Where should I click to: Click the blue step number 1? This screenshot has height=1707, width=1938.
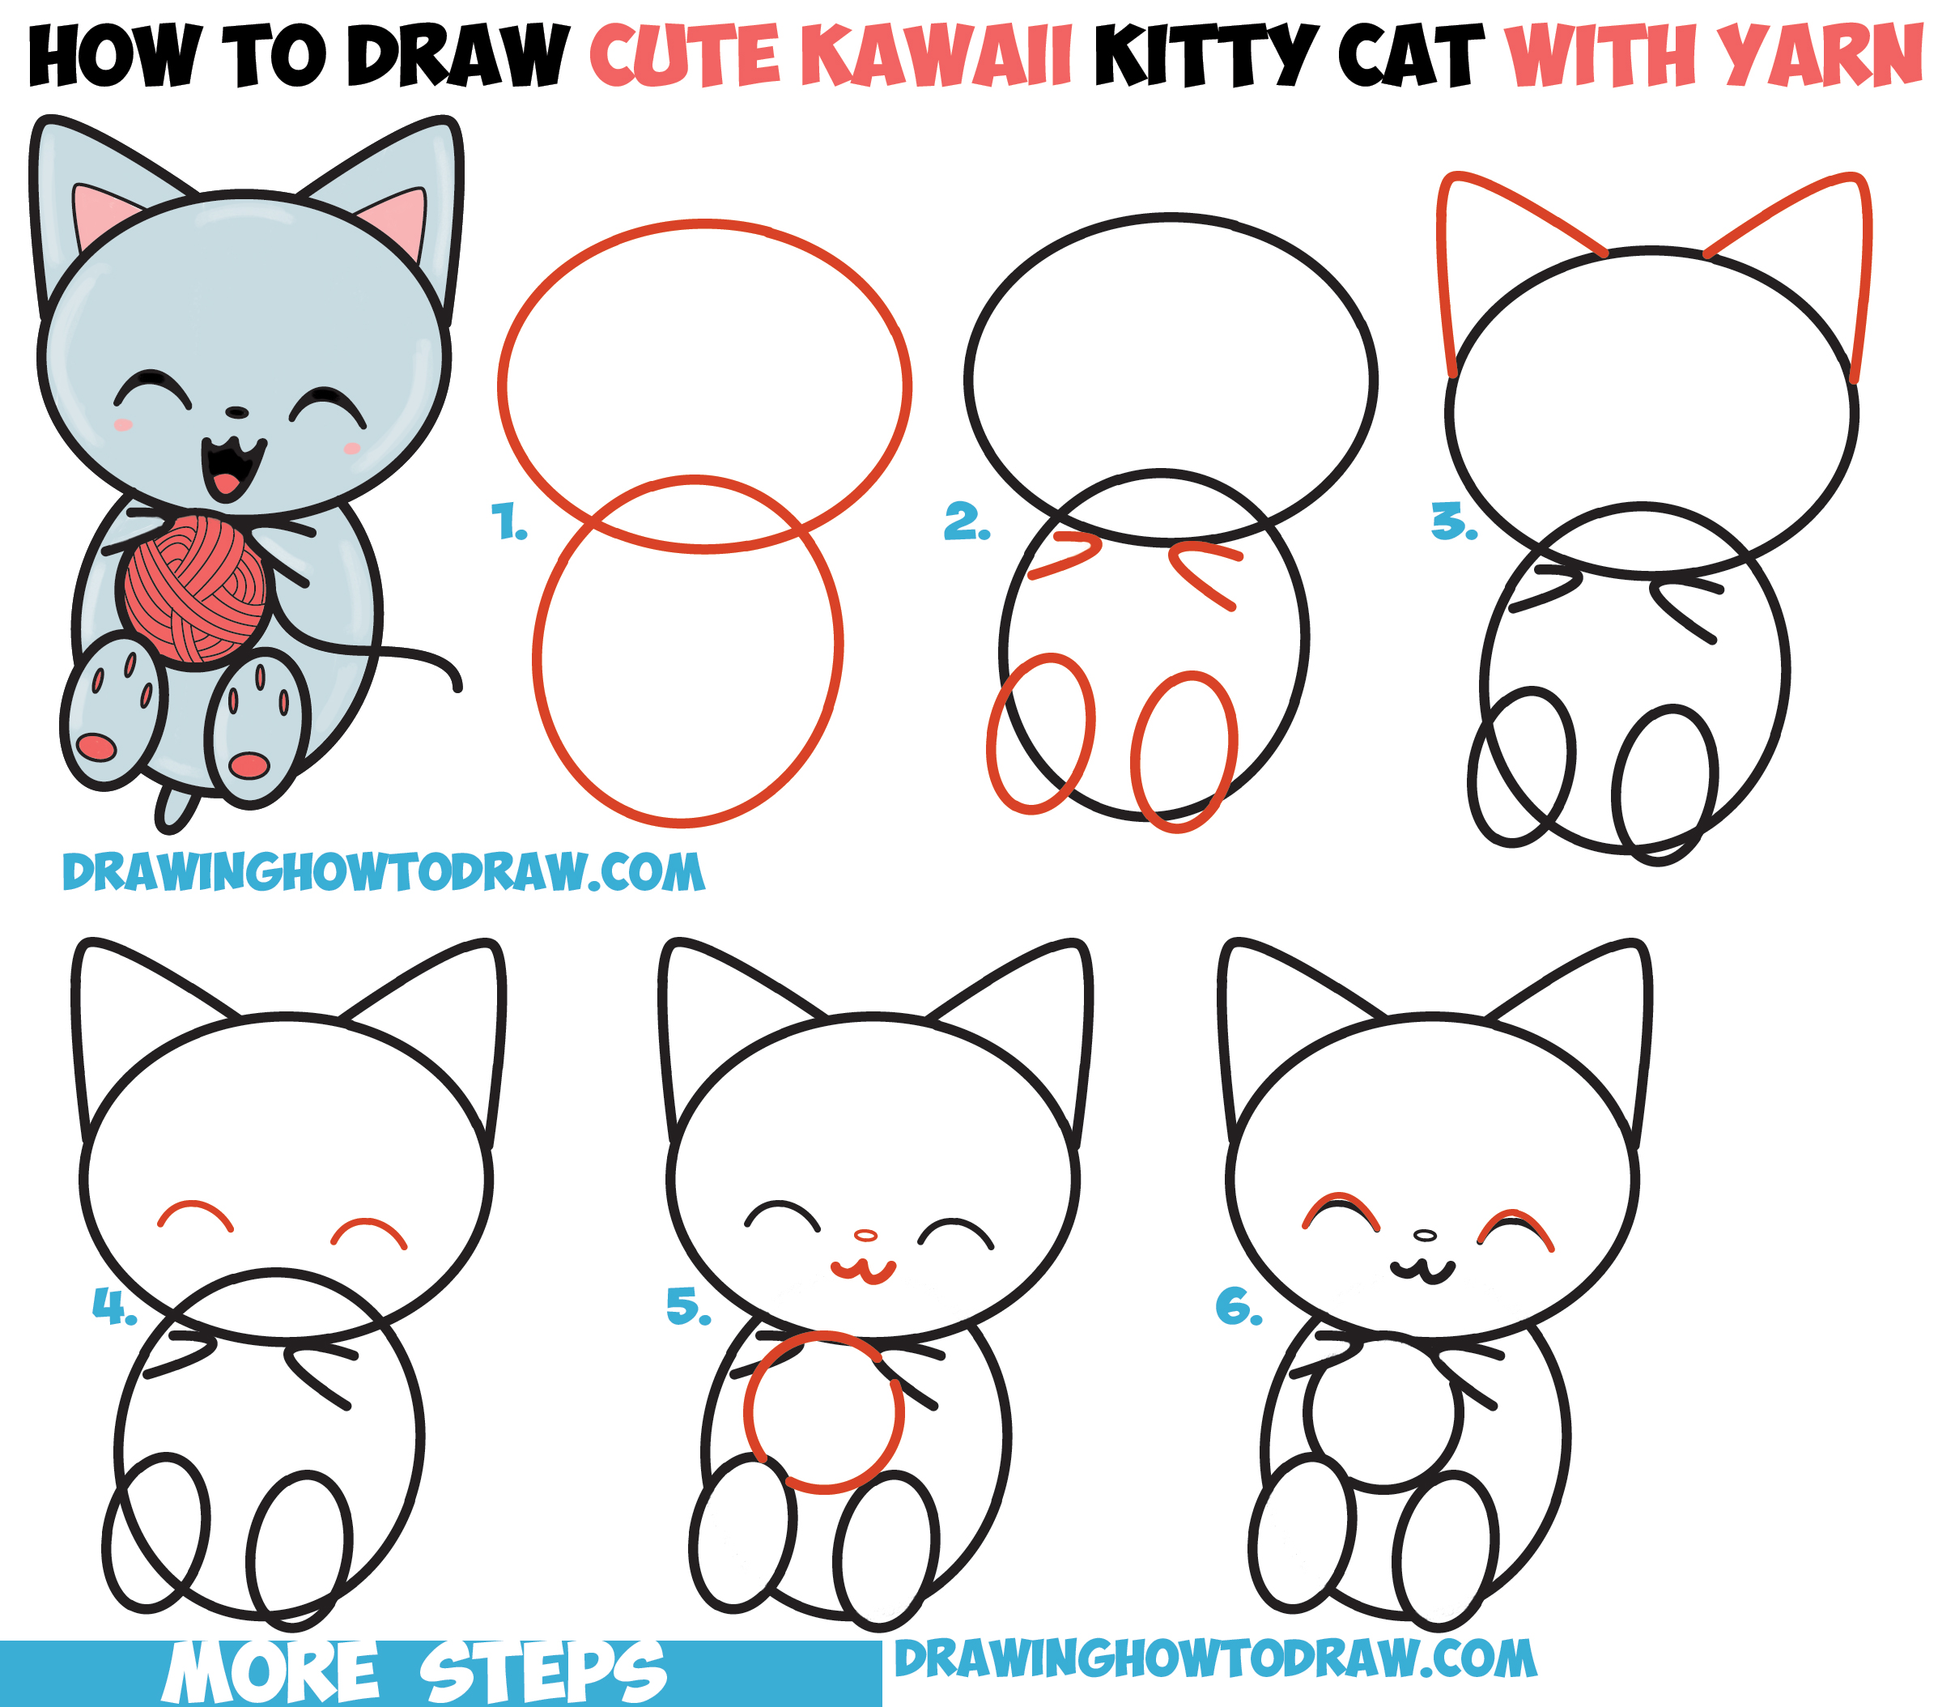click(x=509, y=522)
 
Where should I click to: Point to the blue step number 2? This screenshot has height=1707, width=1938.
click(x=966, y=522)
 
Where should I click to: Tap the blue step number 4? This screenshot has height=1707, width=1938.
click(x=114, y=1307)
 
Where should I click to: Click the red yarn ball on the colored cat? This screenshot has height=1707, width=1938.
click(x=195, y=588)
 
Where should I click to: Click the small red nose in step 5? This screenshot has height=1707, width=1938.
click(x=865, y=1235)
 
